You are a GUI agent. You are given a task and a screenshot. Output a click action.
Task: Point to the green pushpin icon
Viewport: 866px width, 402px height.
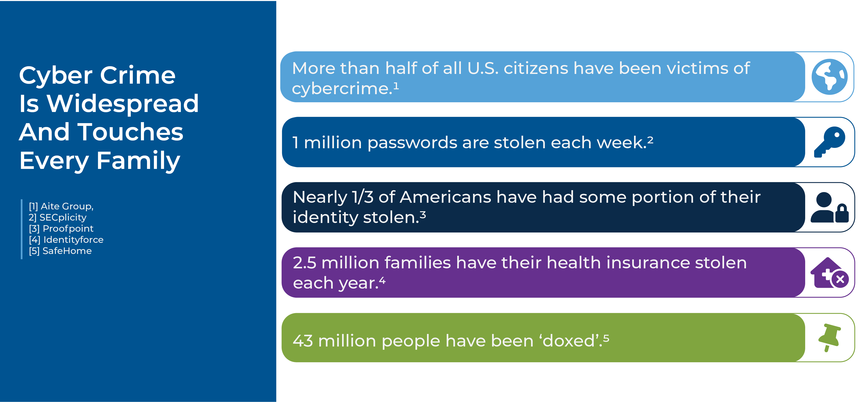tap(829, 338)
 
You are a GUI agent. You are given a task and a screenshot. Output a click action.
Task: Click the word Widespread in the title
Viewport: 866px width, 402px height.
tap(122, 103)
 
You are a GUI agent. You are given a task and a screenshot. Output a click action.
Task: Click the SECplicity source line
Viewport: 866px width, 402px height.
tap(58, 217)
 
